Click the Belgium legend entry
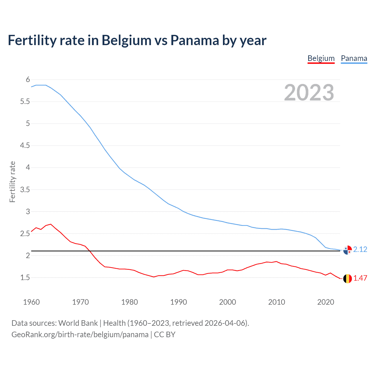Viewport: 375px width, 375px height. [321, 58]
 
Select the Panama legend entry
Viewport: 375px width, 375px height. [354, 58]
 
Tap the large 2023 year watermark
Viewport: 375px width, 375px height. [309, 93]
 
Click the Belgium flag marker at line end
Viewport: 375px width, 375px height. [347, 279]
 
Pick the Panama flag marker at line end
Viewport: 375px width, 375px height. [347, 250]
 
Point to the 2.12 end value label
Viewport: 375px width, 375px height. [360, 249]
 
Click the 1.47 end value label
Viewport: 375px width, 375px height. [360, 278]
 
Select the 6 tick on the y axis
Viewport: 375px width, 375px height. [28, 80]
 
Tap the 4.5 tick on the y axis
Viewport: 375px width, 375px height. [25, 146]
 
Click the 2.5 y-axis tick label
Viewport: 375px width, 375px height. [25, 233]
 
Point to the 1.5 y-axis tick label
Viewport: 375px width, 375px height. [25, 277]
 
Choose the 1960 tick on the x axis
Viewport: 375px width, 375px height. [31, 302]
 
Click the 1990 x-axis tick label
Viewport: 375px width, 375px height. [178, 302]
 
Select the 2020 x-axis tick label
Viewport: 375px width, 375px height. [325, 302]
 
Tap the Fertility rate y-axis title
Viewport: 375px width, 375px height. [12, 182]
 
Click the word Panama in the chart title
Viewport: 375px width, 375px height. [195, 40]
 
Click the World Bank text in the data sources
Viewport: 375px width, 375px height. [78, 323]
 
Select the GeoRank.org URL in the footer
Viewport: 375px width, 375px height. [80, 335]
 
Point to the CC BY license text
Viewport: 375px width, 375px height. [165, 335]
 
